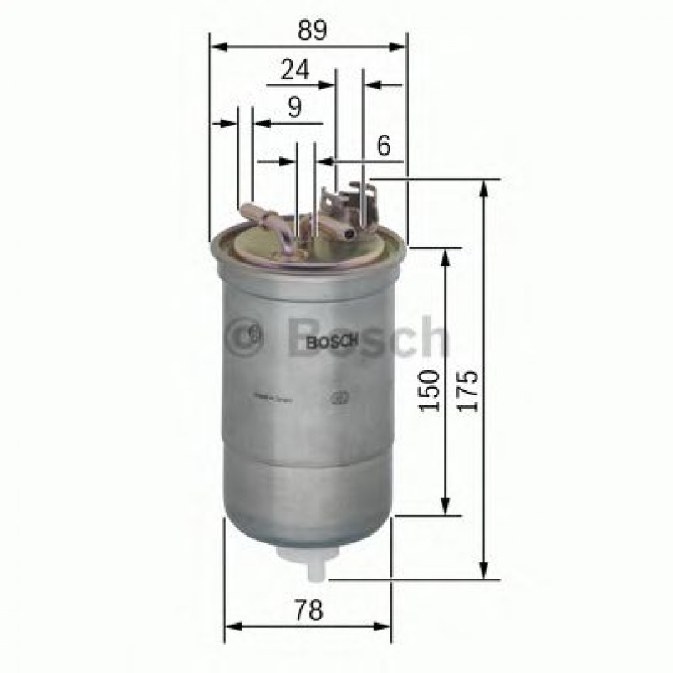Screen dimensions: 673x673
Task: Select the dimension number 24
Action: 294,71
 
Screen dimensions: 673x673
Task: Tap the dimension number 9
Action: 293,107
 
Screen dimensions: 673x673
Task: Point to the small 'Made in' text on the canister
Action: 272,400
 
